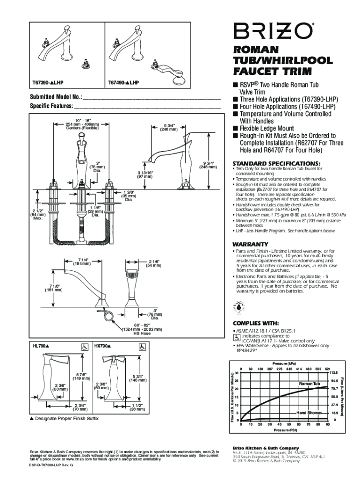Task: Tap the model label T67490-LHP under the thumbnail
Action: (x=123, y=82)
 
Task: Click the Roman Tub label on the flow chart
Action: (x=310, y=384)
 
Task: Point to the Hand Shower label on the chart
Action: (x=309, y=413)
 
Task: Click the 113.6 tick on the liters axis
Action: (x=334, y=372)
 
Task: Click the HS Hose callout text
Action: (x=142, y=334)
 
